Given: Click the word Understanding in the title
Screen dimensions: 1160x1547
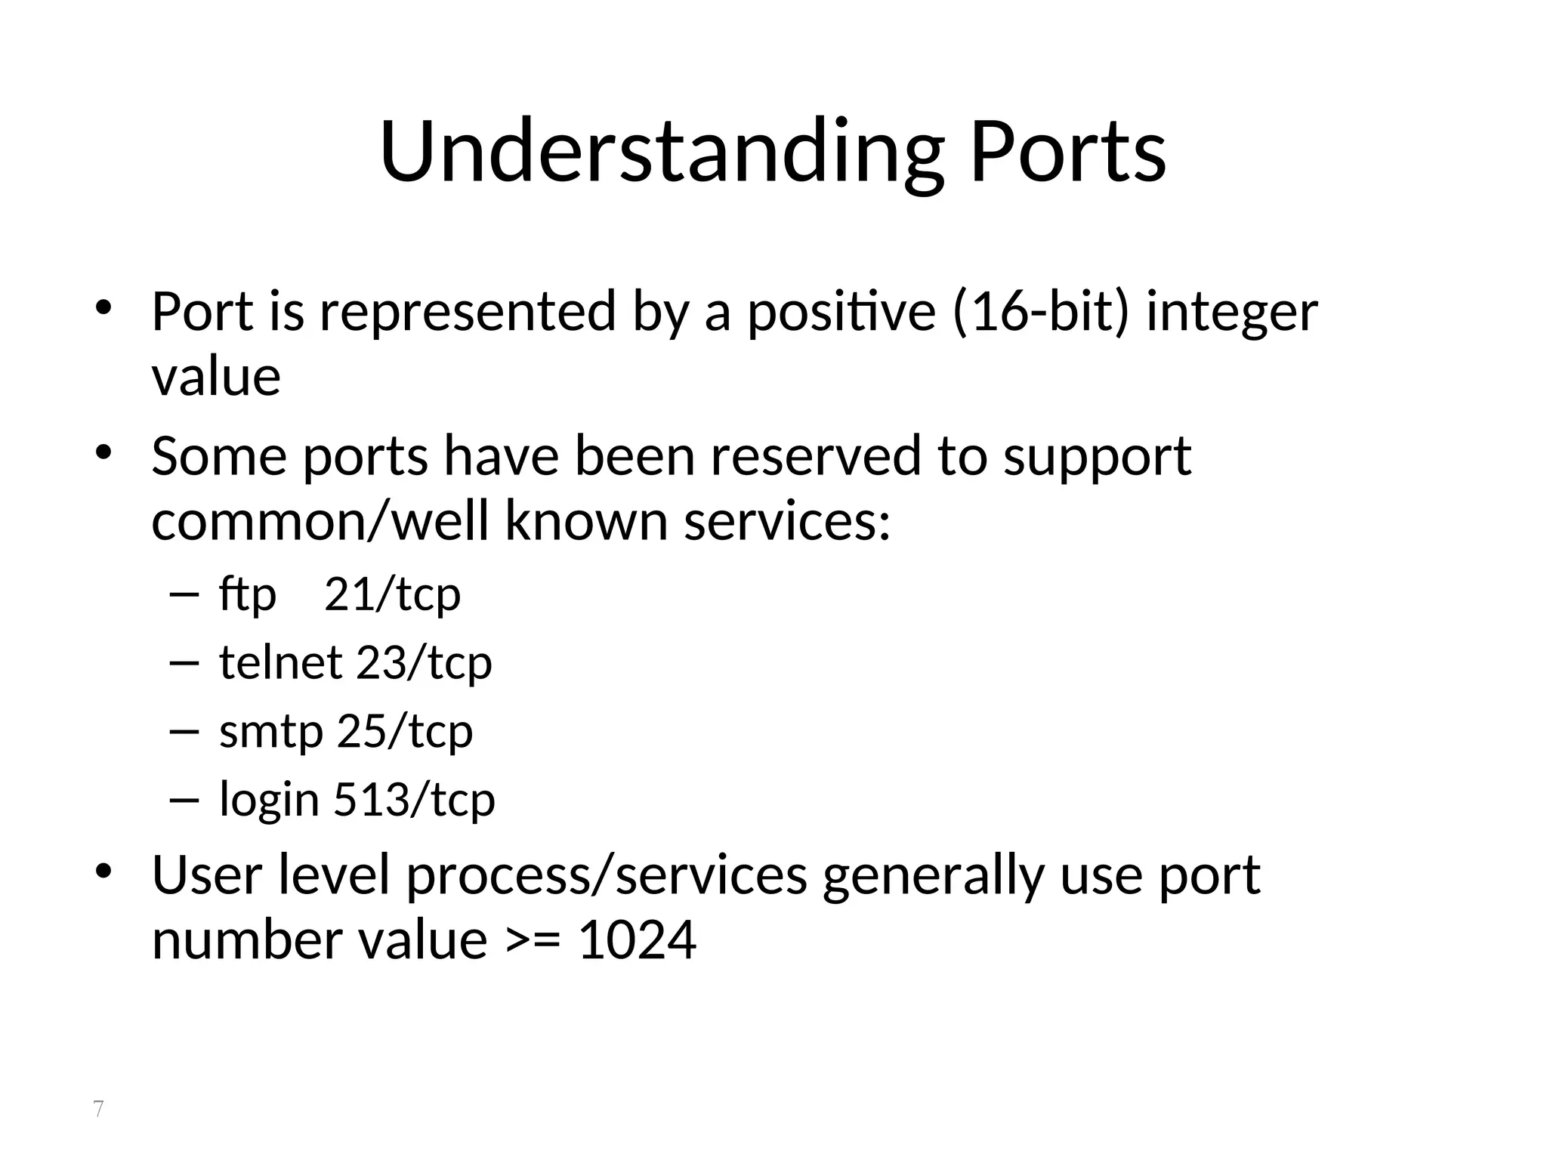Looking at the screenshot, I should click(x=662, y=153).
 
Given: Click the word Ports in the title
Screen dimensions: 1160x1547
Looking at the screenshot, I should click(x=1067, y=153).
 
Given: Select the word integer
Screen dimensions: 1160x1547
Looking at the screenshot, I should click(x=1232, y=313).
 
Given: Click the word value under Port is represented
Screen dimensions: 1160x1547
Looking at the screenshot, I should click(x=216, y=377).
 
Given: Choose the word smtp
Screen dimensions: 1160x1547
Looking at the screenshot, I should click(x=271, y=731).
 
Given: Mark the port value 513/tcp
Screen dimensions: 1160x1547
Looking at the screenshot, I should click(x=414, y=799).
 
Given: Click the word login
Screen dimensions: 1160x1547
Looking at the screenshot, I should click(x=269, y=801).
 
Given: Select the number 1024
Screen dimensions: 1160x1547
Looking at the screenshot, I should click(x=637, y=940).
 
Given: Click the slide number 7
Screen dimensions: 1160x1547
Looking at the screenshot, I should click(x=98, y=1109).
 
